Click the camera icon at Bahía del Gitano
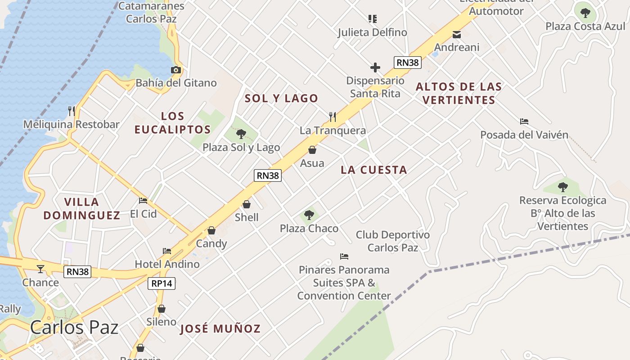click(176, 70)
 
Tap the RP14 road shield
click(162, 283)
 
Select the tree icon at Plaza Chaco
click(309, 215)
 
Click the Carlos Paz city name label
click(74, 327)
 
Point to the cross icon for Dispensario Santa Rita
click(375, 67)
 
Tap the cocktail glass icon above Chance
click(40, 269)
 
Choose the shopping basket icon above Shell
click(247, 204)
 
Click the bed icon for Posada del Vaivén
click(524, 121)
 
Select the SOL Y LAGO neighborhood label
click(281, 98)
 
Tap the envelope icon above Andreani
click(457, 34)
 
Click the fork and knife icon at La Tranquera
click(333, 117)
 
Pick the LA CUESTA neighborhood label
click(374, 170)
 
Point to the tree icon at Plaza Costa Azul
click(585, 13)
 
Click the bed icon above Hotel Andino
click(167, 251)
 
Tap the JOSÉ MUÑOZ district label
click(220, 328)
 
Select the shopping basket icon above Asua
click(312, 149)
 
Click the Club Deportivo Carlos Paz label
click(393, 241)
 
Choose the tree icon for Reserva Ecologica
click(562, 187)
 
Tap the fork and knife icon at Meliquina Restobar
click(71, 111)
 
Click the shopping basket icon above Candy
click(211, 230)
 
